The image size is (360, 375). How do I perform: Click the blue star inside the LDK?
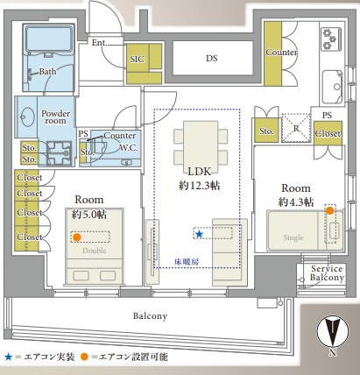[x=200, y=234]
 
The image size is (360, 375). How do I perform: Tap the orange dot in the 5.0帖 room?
[x=77, y=237]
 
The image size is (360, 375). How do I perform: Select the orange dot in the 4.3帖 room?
[x=329, y=210]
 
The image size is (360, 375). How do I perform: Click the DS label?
[x=212, y=58]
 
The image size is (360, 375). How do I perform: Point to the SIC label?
[x=137, y=60]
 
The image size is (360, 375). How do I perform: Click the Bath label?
[x=47, y=71]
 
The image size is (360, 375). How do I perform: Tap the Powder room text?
[x=55, y=117]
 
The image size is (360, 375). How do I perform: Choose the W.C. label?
[x=129, y=148]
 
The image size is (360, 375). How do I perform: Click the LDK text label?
[x=199, y=172]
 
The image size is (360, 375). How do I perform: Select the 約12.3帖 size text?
[x=199, y=186]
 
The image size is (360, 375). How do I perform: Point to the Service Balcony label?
[x=327, y=272]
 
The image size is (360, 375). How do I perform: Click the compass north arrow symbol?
[x=333, y=331]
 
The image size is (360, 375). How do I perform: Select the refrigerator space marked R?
[x=296, y=128]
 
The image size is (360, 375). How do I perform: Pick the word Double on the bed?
[x=95, y=251]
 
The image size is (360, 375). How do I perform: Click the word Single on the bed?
[x=293, y=237]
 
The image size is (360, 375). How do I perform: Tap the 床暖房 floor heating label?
[x=187, y=262]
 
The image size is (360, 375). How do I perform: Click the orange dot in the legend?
[x=84, y=357]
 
